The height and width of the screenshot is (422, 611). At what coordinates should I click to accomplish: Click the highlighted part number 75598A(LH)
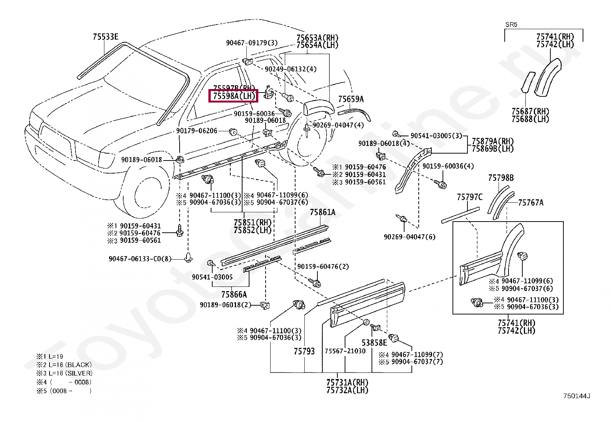coord(233,96)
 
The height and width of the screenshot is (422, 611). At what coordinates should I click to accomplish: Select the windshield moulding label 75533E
coord(106,37)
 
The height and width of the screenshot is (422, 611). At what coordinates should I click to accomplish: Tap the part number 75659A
coord(351,99)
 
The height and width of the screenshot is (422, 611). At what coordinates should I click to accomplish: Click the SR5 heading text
coord(511,25)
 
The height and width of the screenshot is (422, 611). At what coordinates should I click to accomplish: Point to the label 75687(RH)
coord(530,112)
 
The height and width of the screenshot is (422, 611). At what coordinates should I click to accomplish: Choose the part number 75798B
coord(501,178)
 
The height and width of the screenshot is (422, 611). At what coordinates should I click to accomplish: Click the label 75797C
coord(469,197)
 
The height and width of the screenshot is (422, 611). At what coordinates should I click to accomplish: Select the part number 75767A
coord(531,203)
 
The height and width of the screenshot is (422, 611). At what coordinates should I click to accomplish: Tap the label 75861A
coord(322,212)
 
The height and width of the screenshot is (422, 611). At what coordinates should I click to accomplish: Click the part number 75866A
coord(234,295)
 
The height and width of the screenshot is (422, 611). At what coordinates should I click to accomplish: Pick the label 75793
coord(304,351)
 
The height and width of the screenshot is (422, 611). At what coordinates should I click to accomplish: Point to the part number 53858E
coord(374,343)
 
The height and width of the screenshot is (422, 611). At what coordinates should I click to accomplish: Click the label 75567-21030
coord(345,351)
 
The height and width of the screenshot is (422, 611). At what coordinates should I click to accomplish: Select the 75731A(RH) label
coord(347,383)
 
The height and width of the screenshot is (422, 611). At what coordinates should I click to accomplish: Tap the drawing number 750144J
coord(576,396)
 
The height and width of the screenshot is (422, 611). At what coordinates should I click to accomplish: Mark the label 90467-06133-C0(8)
coord(140,259)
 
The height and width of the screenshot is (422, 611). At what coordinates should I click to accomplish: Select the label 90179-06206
coord(197,131)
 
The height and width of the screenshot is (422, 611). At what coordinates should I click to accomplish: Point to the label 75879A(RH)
coord(492,141)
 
